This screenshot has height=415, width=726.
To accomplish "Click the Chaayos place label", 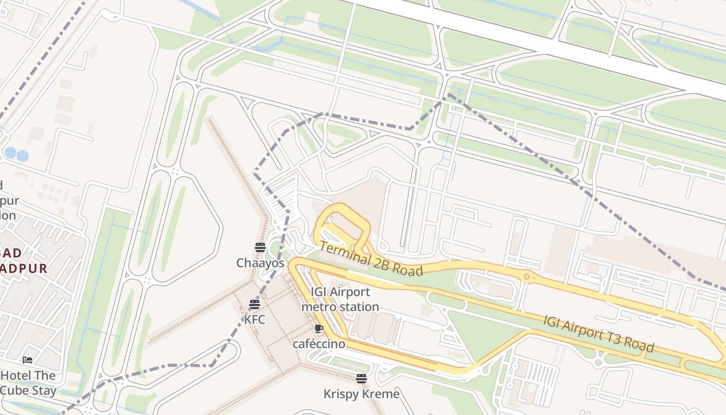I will [260, 263].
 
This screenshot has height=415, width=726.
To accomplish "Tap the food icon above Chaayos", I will [260, 247].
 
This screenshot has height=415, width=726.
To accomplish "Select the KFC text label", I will [255, 320].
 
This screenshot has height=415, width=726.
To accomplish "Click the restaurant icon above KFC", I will [254, 305].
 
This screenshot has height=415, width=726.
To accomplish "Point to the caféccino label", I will [319, 344].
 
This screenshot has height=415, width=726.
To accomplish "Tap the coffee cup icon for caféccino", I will [319, 329].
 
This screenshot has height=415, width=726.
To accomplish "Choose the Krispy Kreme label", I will [361, 394].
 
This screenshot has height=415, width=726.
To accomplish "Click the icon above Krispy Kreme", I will [361, 379].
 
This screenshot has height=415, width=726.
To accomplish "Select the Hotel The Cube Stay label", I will [28, 383].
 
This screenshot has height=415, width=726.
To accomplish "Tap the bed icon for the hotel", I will [27, 360].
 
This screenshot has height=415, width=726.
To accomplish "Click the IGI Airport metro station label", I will [340, 299].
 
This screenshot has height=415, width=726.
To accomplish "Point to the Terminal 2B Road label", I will [371, 258].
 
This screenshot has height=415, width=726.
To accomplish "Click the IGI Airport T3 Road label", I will [598, 333].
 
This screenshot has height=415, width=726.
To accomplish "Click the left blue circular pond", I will [10, 153].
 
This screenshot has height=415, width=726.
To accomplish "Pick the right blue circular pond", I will [22, 156].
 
